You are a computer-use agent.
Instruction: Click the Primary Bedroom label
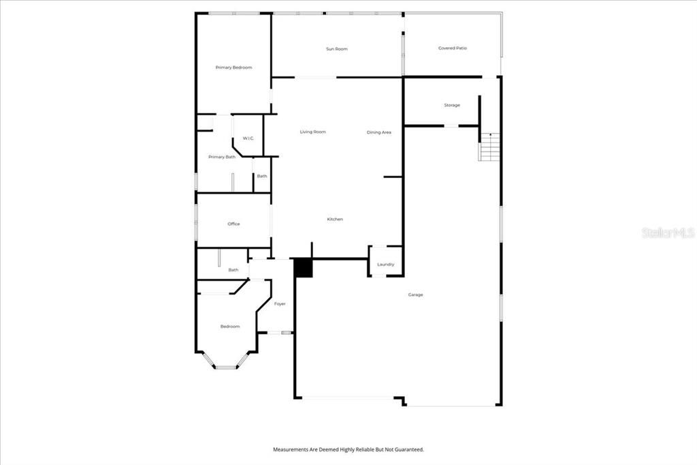tap(234, 67)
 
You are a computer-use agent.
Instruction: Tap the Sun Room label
tap(337, 49)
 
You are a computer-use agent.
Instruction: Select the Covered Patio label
tap(453, 48)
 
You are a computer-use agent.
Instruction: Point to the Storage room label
tap(452, 105)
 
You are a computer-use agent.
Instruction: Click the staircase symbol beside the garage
tap(489, 147)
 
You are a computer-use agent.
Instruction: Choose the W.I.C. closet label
tap(248, 138)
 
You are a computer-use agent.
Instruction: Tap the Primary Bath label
tap(222, 157)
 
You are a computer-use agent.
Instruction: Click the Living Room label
tap(313, 132)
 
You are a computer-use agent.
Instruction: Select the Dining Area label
tap(379, 132)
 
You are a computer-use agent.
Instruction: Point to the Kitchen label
tap(335, 219)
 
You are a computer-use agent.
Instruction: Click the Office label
tap(234, 224)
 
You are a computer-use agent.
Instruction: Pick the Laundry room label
tap(386, 265)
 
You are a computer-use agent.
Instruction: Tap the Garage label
tap(416, 295)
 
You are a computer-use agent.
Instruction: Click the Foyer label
tap(280, 304)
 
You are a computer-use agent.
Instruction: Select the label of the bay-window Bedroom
tap(230, 327)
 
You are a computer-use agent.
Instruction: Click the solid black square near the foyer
tap(304, 268)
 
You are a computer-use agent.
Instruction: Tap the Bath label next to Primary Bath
tap(262, 176)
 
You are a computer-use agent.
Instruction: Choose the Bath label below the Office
tap(233, 270)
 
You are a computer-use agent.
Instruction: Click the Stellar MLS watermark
tap(668, 232)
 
